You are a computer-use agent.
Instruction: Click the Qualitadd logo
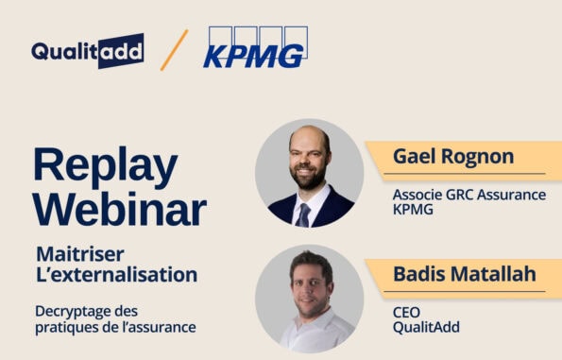(87, 50)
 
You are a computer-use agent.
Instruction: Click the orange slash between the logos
(174, 50)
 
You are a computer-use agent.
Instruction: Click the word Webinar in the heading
(119, 208)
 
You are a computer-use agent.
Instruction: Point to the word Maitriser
(80, 254)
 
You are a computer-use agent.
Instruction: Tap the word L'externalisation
(116, 275)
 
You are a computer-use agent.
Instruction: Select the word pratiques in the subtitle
(67, 327)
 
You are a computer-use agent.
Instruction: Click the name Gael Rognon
(453, 157)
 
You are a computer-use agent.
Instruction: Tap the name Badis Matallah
(464, 275)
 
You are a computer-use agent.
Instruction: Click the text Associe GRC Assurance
(468, 195)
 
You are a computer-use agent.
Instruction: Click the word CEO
(406, 312)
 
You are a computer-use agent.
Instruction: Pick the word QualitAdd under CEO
(421, 327)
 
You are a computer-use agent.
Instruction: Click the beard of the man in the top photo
(308, 177)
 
